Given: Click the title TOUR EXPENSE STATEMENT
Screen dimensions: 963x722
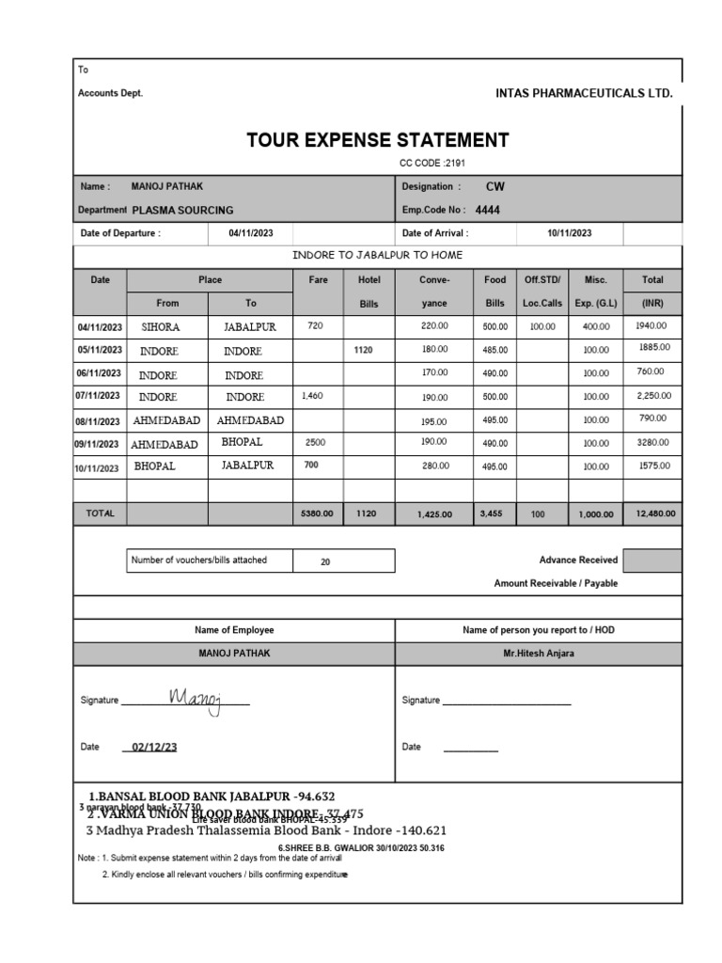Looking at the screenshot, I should pos(377,141).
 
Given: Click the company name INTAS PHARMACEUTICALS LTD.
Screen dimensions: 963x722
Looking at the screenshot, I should pos(584,93).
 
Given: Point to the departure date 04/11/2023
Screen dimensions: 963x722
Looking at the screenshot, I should pos(250,233).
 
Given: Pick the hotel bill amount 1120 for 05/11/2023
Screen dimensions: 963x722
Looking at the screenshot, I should pos(364,350).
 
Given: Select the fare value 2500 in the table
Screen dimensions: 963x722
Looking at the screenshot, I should pos(316,441).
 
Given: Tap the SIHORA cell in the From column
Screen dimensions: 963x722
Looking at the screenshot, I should pos(161,326).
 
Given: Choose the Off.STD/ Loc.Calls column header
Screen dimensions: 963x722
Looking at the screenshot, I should pos(541,291).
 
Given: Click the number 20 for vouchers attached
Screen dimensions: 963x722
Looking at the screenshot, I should pos(325,561).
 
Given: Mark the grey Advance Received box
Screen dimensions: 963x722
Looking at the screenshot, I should pos(651,561).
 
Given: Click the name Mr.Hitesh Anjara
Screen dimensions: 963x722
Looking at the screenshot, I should pos(539,653).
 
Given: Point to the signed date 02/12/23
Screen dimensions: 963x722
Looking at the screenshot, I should pos(155,748).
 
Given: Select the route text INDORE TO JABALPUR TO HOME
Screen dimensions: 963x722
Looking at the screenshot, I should pos(378,256).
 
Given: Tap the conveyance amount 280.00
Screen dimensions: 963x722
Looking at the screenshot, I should pos(434,466).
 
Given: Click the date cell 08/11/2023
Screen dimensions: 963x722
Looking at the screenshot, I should pos(99,421).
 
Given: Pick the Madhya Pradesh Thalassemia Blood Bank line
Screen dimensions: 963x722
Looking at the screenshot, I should pos(266,830).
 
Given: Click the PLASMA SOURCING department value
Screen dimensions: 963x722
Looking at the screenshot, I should pos(183,210).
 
